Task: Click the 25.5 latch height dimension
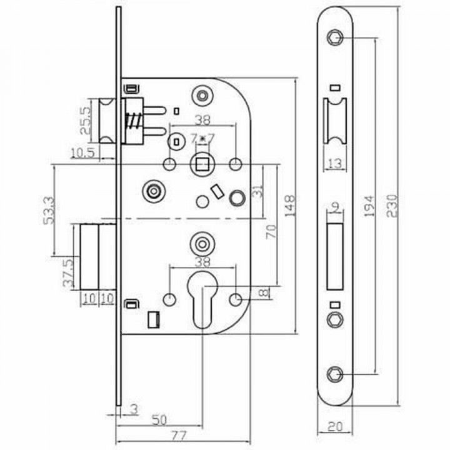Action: pos(86,120)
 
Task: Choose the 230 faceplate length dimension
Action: pos(392,205)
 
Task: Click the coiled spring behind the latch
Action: pos(132,120)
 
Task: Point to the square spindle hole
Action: pos(202,165)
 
